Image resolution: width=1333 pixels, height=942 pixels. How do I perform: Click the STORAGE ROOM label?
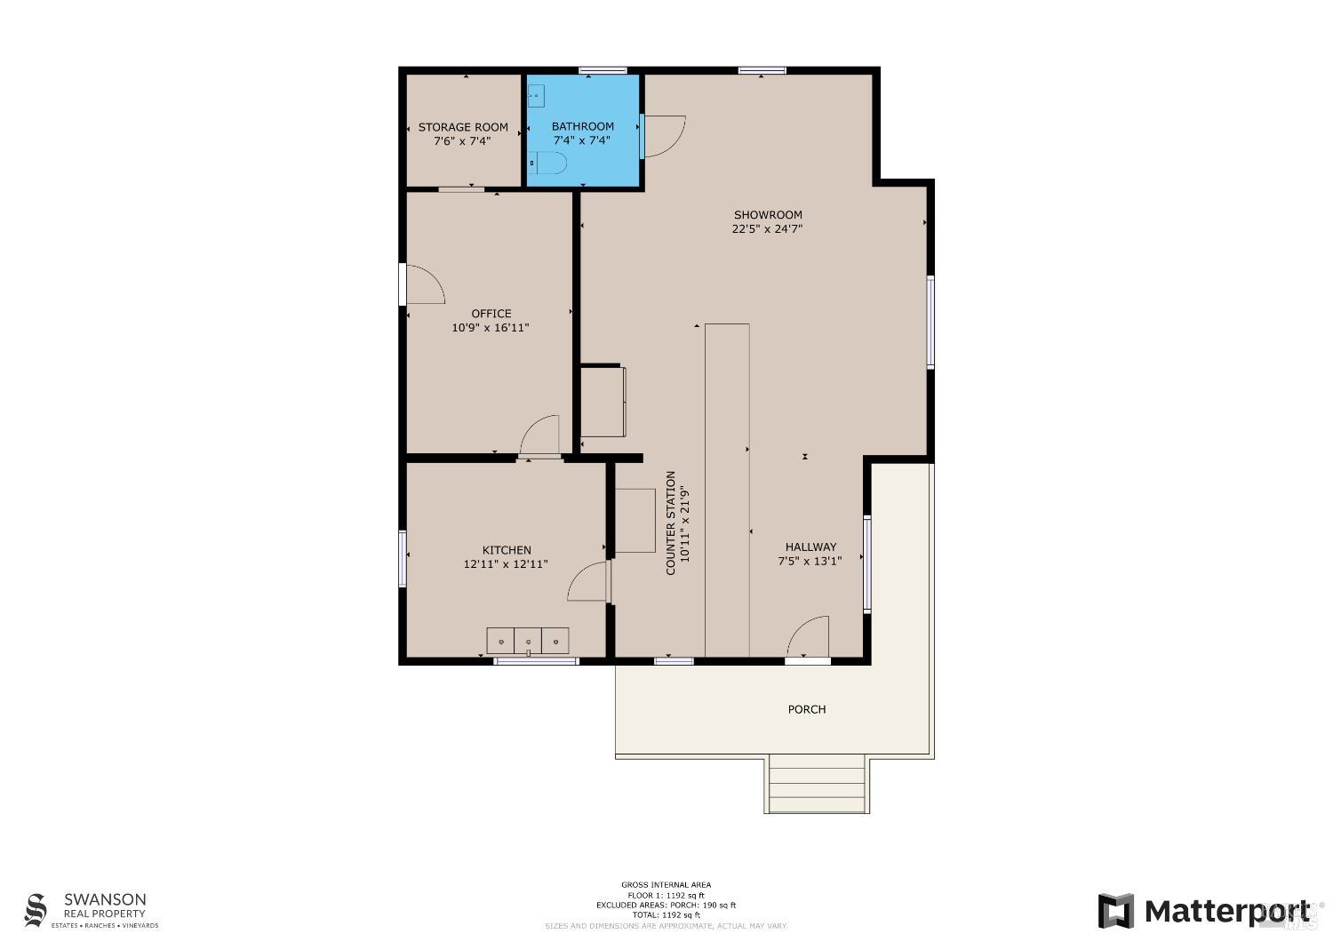point(463,127)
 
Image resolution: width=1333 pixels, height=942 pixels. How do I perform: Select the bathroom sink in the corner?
point(536,95)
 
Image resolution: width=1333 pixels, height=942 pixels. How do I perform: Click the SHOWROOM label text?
point(768,214)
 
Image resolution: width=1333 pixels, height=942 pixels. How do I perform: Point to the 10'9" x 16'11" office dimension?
point(491,327)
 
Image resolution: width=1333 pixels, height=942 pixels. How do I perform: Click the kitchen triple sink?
point(528,640)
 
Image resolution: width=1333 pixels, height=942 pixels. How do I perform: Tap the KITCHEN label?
point(507,550)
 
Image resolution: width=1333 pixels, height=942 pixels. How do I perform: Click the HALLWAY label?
point(810,547)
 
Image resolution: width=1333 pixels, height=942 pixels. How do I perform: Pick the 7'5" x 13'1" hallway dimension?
point(810,561)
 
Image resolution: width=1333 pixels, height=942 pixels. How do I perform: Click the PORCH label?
point(807,709)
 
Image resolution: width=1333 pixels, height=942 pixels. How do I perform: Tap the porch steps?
point(817,784)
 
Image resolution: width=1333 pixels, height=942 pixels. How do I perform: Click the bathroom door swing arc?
point(664,136)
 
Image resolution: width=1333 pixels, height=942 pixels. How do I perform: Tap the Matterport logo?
point(1204,911)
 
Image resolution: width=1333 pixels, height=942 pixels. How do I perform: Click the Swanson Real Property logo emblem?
point(36,911)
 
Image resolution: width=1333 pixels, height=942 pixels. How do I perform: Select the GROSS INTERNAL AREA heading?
point(666,884)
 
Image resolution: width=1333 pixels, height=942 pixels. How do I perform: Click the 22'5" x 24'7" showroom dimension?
point(767,228)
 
